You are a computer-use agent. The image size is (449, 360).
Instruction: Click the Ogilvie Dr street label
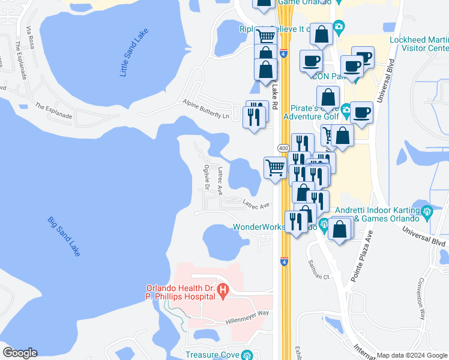(x=206, y=178)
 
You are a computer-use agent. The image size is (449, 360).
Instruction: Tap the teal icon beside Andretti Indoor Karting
(x=427, y=211)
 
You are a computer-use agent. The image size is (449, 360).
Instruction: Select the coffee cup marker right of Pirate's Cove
(x=361, y=112)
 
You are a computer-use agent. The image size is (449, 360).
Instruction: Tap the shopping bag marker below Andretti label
(x=340, y=229)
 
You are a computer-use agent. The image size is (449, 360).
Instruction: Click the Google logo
(x=20, y=353)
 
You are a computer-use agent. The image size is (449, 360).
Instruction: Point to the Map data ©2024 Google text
(x=412, y=355)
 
